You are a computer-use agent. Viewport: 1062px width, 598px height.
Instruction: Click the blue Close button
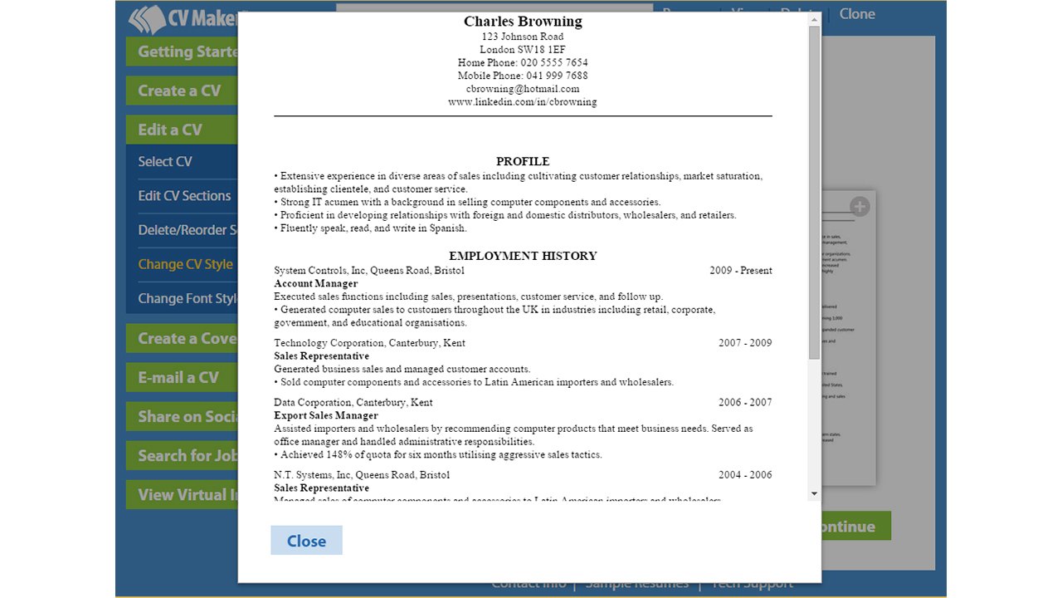[x=306, y=541]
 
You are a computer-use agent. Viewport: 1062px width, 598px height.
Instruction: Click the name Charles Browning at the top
[x=523, y=22]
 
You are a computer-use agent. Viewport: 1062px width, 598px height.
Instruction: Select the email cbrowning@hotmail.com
[x=523, y=89]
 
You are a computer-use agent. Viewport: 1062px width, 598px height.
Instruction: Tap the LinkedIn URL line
[x=523, y=102]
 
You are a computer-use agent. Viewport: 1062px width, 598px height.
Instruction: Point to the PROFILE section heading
[x=523, y=161]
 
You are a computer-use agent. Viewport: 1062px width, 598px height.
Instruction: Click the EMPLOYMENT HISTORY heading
[x=523, y=256]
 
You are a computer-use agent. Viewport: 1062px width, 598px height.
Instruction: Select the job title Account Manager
[x=316, y=283]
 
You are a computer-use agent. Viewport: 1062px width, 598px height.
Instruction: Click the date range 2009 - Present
[x=741, y=271]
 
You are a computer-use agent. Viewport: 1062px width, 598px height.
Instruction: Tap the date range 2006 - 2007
[x=745, y=402]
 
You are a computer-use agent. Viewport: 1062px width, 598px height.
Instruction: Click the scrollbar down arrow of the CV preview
[x=814, y=493]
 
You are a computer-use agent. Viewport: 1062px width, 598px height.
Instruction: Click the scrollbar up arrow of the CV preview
[x=814, y=19]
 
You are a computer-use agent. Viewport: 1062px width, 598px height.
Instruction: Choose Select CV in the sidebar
[x=165, y=162]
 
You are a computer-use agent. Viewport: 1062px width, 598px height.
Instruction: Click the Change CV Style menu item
[x=185, y=264]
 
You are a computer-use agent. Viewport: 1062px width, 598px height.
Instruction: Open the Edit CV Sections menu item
[x=184, y=196]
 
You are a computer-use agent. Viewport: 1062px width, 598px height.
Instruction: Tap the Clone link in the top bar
[x=857, y=13]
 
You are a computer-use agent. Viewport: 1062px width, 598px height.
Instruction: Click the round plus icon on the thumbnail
[x=860, y=207]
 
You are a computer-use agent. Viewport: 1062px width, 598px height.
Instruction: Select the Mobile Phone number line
[x=523, y=76]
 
